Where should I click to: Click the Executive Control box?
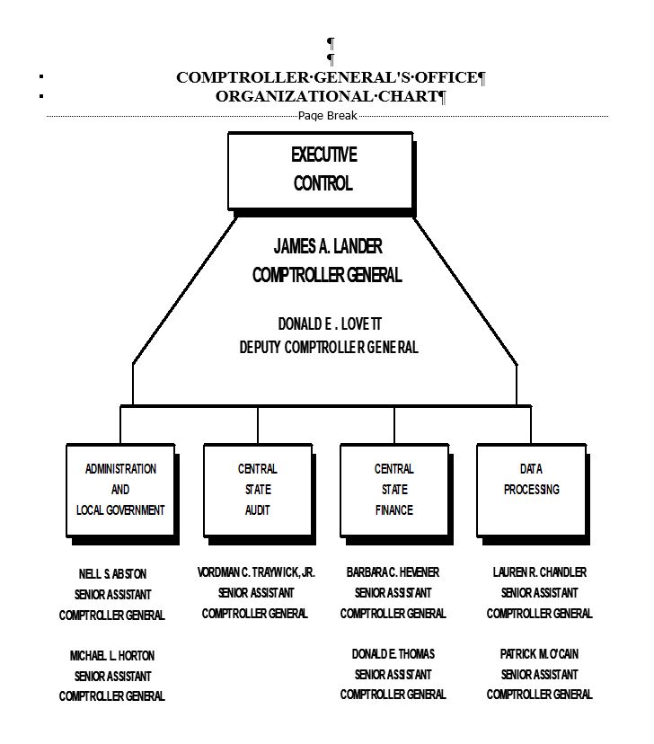pos(321,170)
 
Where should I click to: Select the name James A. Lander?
pos(328,246)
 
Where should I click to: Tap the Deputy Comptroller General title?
pos(329,347)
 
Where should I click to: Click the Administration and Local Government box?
pos(120,490)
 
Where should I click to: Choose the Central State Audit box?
pos(258,490)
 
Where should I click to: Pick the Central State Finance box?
pos(394,490)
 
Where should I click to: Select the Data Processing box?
pos(531,490)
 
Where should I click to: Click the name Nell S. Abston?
pos(112,573)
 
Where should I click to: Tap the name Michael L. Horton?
pos(112,656)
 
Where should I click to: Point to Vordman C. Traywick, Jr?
pos(256,571)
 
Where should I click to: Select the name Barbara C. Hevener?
pos(393,571)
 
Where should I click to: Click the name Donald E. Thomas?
pos(393,654)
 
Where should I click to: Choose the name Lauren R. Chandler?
pos(540,571)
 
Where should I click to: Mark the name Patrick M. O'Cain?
pos(540,654)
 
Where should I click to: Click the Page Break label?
pos(328,115)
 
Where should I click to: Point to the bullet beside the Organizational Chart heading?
pos(42,96)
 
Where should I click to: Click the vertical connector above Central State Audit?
pos(258,424)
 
